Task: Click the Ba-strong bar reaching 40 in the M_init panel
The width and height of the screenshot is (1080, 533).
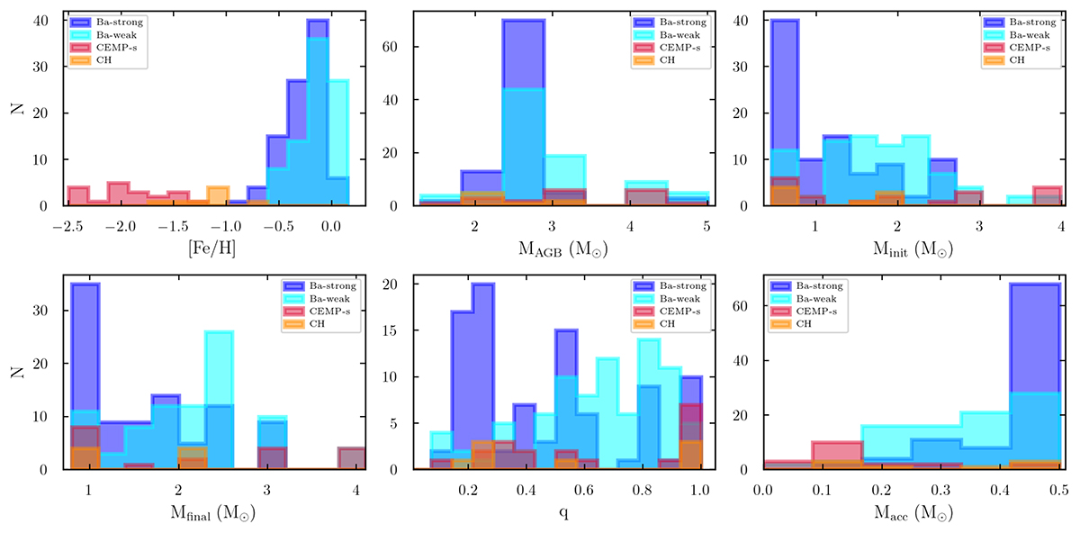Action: (x=785, y=108)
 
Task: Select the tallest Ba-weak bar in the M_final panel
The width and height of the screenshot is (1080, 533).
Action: (x=220, y=396)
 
